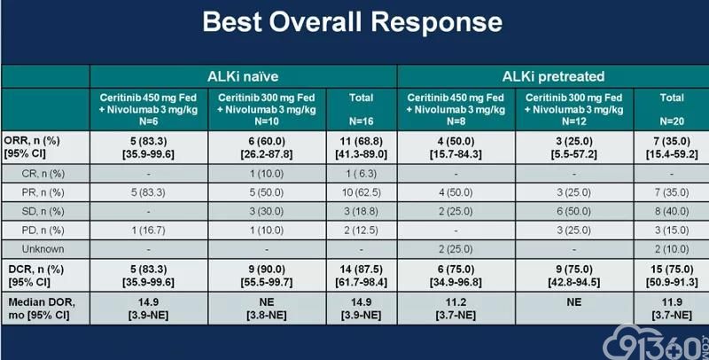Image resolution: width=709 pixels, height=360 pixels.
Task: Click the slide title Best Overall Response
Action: click(x=352, y=22)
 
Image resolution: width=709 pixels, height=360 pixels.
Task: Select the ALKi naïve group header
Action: click(x=243, y=76)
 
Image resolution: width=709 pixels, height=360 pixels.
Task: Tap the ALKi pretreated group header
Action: click(x=553, y=76)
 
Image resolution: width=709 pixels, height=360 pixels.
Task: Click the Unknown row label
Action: click(x=43, y=249)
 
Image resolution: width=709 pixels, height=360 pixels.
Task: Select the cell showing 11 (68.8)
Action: click(x=361, y=141)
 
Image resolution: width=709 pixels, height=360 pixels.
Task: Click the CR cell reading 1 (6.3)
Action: click(x=361, y=174)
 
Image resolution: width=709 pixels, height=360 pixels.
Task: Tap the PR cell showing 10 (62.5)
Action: click(x=361, y=192)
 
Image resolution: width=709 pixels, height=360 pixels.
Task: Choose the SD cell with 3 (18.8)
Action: click(x=361, y=212)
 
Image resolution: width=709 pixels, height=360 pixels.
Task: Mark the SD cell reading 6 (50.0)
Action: click(x=573, y=212)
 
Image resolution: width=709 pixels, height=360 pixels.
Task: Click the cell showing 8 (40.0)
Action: click(x=672, y=212)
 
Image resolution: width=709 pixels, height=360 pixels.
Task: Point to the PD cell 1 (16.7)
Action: click(x=148, y=231)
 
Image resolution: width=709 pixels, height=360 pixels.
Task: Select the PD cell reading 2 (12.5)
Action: click(x=361, y=231)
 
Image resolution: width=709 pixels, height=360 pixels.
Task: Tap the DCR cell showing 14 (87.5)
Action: click(x=361, y=269)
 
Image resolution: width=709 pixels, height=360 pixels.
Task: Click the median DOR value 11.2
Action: click(x=456, y=302)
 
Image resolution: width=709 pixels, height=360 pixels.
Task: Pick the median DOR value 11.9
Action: click(x=672, y=302)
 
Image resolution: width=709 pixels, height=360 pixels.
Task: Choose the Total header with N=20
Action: click(x=672, y=109)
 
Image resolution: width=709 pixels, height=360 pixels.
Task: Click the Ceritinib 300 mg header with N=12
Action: click(x=573, y=109)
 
